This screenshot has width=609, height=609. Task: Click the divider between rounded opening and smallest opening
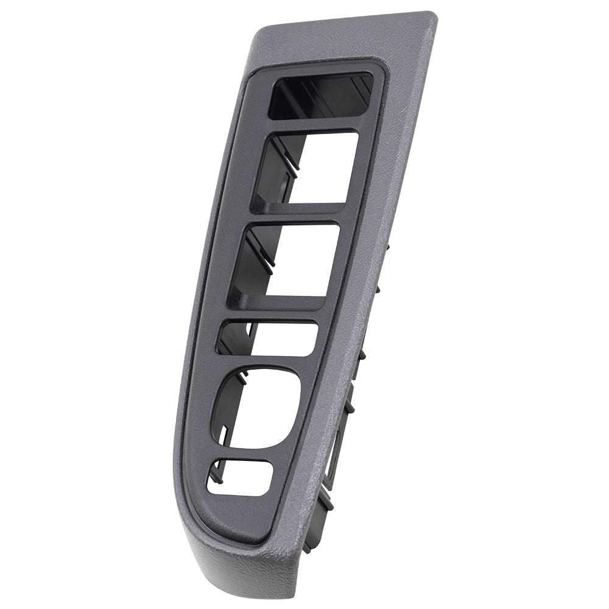244,452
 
